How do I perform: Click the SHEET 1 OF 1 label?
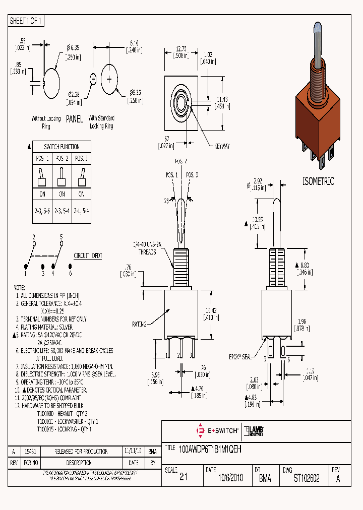pos(26,21)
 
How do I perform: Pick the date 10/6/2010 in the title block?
pos(224,479)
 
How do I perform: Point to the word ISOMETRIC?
pos(318,182)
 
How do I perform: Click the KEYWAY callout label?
pos(221,146)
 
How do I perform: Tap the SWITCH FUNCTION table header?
pos(62,147)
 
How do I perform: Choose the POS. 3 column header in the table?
pos(81,158)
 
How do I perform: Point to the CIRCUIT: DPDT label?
pos(88,256)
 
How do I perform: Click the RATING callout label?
pos(139,325)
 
